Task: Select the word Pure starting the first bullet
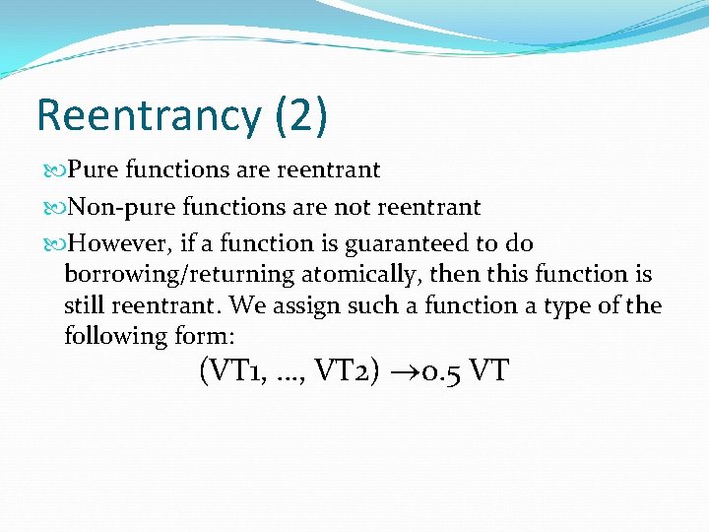94,170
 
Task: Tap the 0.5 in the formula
436,371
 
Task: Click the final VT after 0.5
489,371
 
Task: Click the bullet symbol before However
54,244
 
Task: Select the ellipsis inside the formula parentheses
284,376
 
